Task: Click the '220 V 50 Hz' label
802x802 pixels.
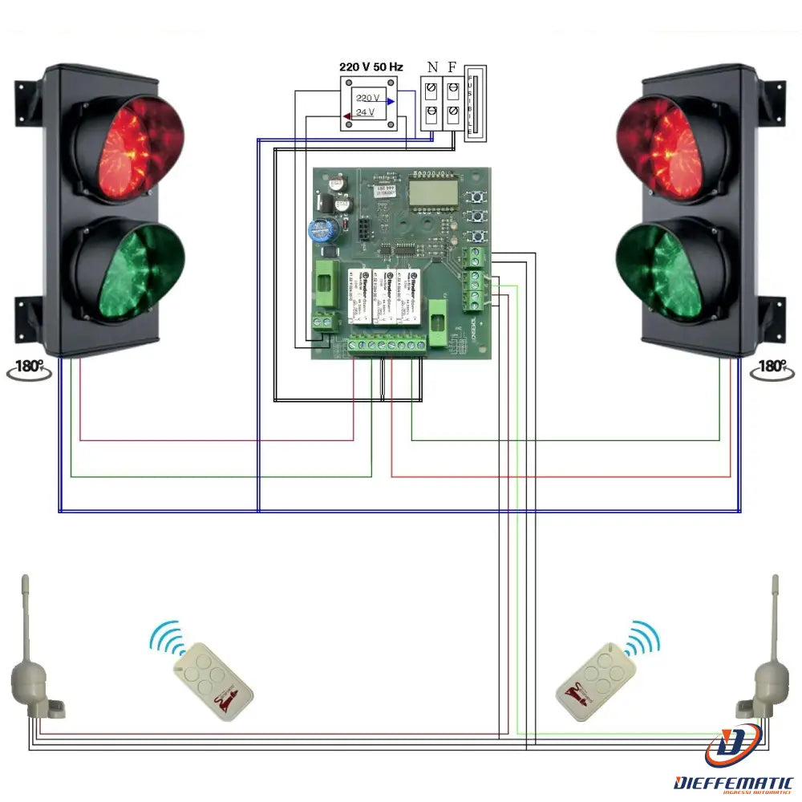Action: click(371, 67)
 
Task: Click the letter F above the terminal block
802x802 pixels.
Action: click(453, 67)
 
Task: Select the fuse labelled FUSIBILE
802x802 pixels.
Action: click(476, 104)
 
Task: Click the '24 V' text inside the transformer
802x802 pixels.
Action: click(365, 112)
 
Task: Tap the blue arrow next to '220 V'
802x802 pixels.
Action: click(390, 101)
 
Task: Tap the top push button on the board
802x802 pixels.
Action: click(479, 197)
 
